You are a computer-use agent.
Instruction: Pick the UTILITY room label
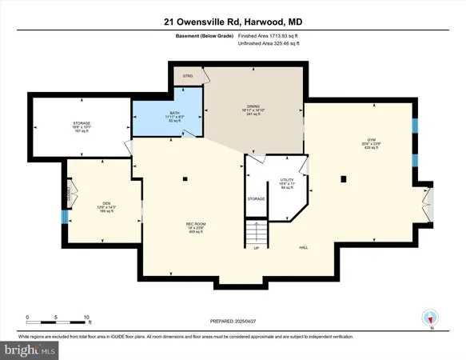[285, 180]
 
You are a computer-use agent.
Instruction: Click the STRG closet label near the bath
[189, 77]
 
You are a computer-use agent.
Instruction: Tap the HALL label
[304, 247]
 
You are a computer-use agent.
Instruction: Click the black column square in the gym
[345, 178]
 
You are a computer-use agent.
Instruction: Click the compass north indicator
[432, 318]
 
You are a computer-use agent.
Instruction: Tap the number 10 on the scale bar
[87, 317]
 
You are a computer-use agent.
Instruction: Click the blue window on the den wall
[65, 216]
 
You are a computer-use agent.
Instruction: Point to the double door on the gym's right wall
[429, 203]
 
